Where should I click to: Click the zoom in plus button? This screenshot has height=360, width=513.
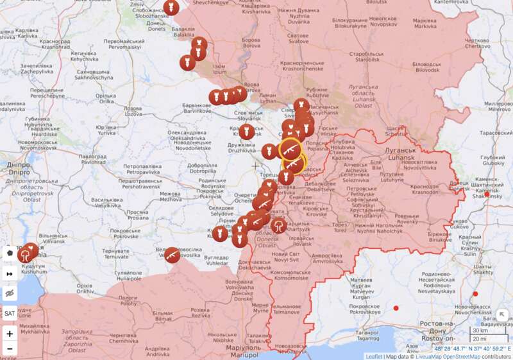(10, 334)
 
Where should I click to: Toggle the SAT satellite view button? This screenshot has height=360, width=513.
(10, 314)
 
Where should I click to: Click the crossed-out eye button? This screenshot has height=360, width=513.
(10, 293)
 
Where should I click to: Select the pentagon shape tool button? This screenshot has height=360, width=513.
(10, 252)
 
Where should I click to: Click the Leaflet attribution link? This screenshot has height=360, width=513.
(374, 356)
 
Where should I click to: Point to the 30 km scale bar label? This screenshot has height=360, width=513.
(478, 330)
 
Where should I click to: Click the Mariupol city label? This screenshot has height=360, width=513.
(242, 352)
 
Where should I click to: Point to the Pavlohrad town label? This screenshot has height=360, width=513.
(93, 159)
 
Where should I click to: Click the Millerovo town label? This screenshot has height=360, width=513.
(496, 107)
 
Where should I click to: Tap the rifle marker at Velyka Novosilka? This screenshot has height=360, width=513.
(171, 255)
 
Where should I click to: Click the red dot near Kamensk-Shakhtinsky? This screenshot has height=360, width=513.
(487, 194)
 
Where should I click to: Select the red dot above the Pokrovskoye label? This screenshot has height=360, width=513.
(396, 309)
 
